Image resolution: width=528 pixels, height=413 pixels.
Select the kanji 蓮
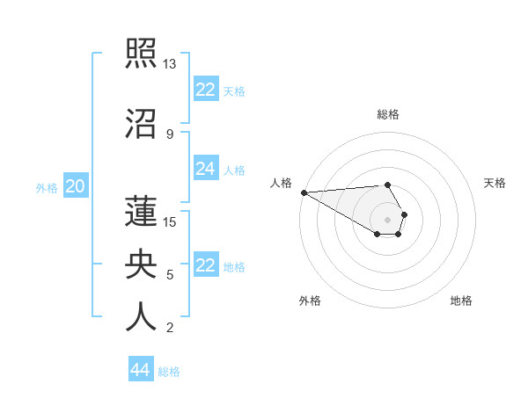click(x=142, y=211)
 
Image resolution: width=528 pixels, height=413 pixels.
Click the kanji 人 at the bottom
click(x=142, y=316)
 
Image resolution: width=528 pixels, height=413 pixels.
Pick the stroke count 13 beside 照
click(x=170, y=64)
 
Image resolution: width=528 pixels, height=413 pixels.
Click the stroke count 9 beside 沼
click(x=170, y=134)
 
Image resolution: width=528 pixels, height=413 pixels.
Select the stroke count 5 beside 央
click(x=170, y=275)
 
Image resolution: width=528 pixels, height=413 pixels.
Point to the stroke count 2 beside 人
click(x=170, y=328)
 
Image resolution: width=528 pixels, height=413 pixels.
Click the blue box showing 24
click(x=206, y=169)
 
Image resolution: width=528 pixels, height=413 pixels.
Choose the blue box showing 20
click(x=76, y=186)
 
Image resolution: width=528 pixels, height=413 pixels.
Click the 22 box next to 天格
click(x=206, y=90)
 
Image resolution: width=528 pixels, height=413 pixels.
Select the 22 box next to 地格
click(x=206, y=265)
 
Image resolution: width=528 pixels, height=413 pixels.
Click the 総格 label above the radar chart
click(x=388, y=114)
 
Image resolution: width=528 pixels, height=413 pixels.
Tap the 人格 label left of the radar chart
click(x=282, y=183)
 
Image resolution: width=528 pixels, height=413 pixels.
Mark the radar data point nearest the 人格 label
click(x=304, y=192)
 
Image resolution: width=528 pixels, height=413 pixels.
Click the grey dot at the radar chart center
click(x=387, y=220)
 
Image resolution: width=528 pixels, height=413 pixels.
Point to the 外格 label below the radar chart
click(x=310, y=301)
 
